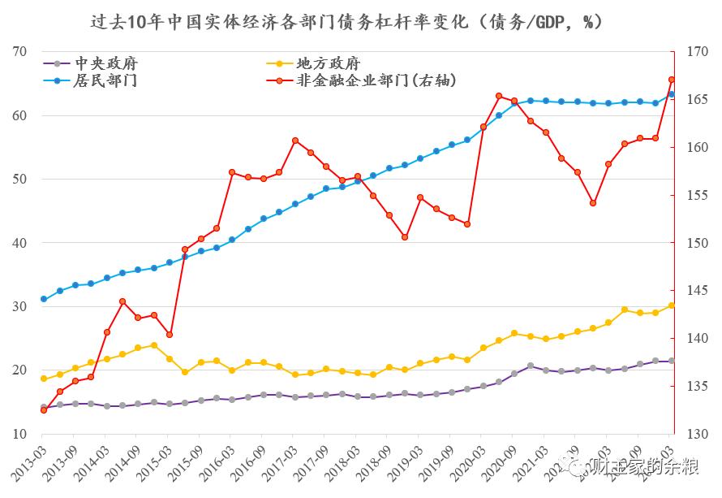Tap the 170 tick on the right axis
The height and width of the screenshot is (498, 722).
click(696, 52)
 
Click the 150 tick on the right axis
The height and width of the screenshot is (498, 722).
click(696, 243)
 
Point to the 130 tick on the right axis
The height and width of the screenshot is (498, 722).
click(696, 434)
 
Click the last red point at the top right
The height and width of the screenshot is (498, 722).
click(672, 80)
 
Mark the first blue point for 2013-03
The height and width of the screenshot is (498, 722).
click(44, 300)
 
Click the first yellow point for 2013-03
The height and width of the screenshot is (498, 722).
click(44, 379)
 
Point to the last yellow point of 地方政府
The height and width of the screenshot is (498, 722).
click(672, 305)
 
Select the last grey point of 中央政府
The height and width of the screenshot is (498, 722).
click(672, 361)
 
